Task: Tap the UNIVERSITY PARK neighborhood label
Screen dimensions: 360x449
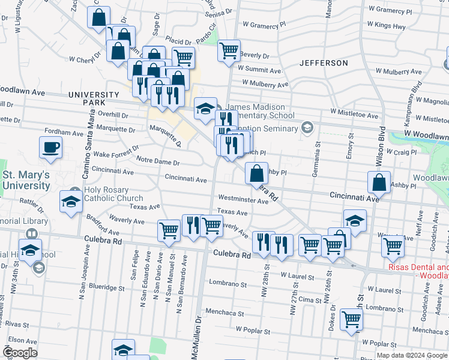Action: click(x=94, y=99)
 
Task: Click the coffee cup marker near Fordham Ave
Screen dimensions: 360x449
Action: click(x=51, y=147)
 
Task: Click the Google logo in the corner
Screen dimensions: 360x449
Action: click(x=20, y=353)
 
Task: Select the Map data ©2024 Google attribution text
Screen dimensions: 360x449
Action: click(x=412, y=355)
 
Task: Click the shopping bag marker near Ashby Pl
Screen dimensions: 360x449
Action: click(x=256, y=173)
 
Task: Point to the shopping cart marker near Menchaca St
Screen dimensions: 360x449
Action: click(x=351, y=320)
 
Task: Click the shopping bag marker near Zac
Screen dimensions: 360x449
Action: click(x=98, y=17)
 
